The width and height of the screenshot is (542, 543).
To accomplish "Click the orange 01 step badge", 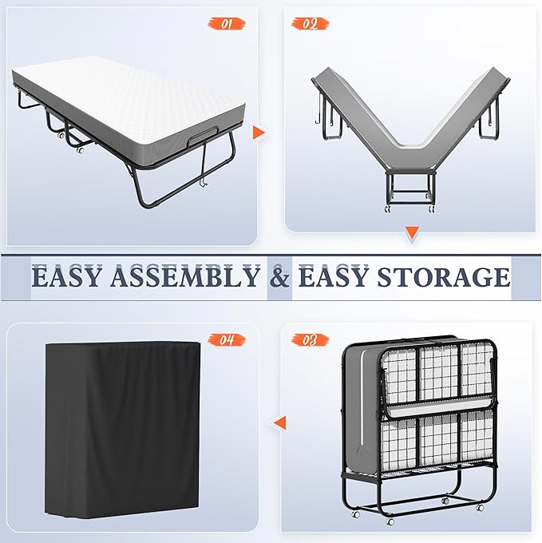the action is [x=227, y=24].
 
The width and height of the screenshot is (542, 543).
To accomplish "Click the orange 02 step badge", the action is [x=310, y=24].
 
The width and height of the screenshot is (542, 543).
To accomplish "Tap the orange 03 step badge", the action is [x=310, y=339].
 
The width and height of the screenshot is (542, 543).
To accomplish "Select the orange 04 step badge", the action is [x=227, y=339].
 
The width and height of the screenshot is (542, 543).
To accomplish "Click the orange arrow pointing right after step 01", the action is [x=259, y=133].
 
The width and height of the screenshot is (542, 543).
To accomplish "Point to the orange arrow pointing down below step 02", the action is [x=412, y=232].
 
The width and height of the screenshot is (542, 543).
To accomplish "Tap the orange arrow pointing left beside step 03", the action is [x=279, y=423].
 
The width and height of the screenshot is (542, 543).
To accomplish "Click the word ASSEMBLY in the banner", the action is [x=185, y=277].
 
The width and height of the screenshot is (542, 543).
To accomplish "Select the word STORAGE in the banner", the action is [x=444, y=277].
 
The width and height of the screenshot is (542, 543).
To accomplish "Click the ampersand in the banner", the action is [x=279, y=277].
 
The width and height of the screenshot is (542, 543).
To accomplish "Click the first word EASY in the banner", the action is [x=66, y=277].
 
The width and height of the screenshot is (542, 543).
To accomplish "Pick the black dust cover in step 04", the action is [x=123, y=430].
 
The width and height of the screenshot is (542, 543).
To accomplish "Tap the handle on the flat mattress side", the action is [x=204, y=137].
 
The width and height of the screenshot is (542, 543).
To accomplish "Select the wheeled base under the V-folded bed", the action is [x=410, y=192].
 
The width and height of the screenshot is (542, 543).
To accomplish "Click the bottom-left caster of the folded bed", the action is [x=355, y=514].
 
